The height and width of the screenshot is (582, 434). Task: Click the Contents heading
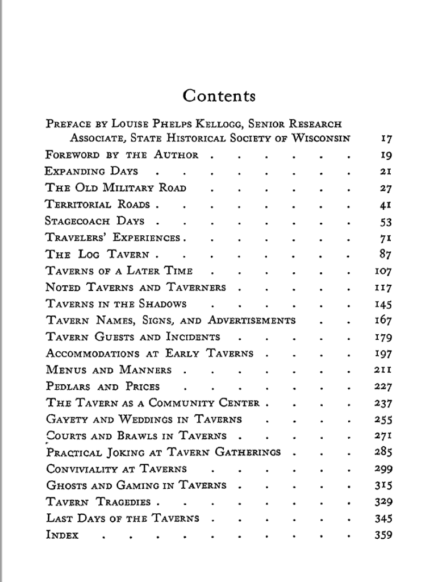point(219,95)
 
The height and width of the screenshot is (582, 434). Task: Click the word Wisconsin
point(321,138)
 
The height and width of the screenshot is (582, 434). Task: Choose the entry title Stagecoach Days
point(95,221)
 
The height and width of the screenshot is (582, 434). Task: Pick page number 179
point(383,337)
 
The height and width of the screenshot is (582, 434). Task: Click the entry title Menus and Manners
point(108,370)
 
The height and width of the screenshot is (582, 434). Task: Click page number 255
point(383,420)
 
